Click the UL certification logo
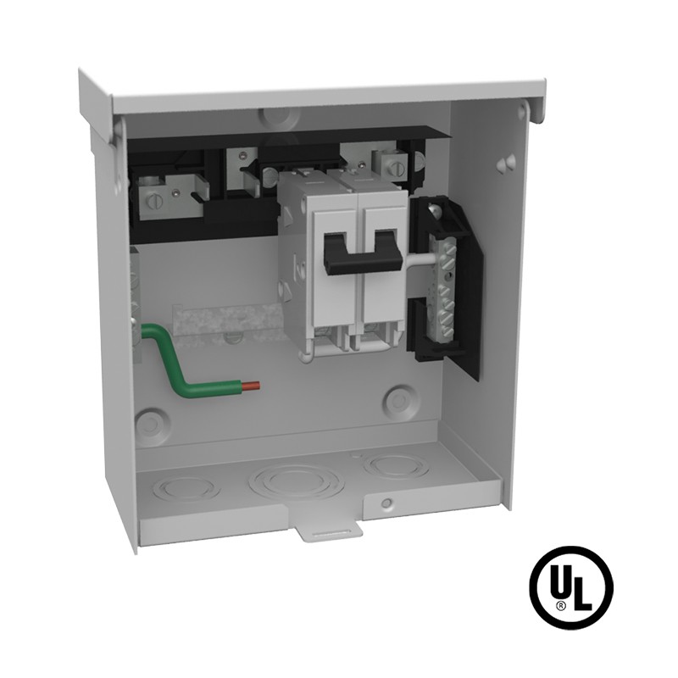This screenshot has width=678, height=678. pos(571,587)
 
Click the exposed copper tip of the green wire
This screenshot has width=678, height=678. pos(251,385)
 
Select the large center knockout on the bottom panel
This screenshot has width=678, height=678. pos(294,480)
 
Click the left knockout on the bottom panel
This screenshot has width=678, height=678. pos(186,489)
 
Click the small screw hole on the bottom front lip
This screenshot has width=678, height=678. pos(387,503)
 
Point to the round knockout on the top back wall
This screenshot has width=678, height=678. pos(279,117)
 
